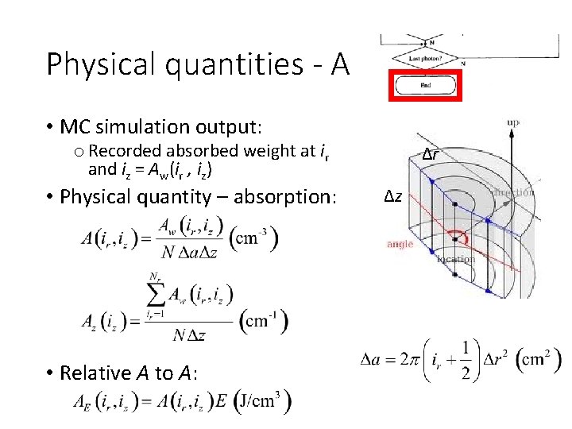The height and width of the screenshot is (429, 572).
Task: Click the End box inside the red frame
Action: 424,84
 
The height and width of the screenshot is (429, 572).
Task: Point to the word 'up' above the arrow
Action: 514,122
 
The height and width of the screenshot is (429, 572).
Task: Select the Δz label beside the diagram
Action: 394,196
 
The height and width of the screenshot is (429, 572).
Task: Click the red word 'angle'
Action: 400,244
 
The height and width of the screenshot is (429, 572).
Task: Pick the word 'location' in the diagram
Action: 456,258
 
